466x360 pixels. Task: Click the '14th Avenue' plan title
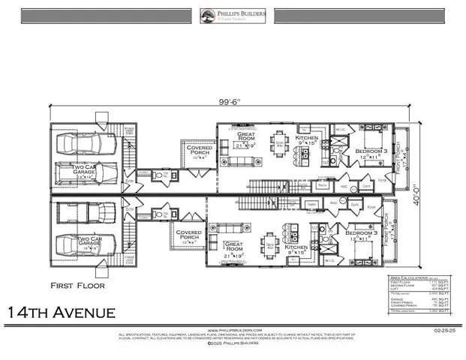[62, 311]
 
